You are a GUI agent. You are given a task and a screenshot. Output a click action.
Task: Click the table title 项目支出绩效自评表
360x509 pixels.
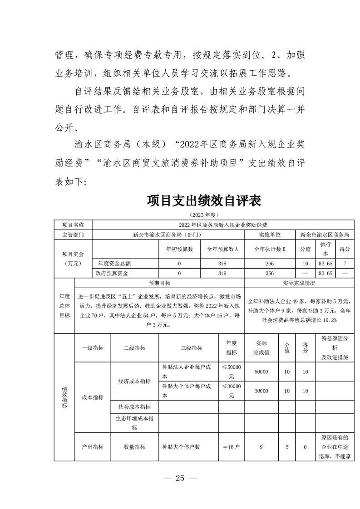pyautogui.click(x=204, y=201)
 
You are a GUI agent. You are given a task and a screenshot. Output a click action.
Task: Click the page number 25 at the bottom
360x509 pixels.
pyautogui.click(x=180, y=478)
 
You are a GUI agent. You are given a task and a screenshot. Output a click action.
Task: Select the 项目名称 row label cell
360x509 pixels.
pyautogui.click(x=73, y=225)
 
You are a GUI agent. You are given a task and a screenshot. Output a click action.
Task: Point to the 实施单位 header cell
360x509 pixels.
pyautogui.click(x=269, y=235)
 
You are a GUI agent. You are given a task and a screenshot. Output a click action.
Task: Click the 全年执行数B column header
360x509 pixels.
pyautogui.click(x=269, y=249)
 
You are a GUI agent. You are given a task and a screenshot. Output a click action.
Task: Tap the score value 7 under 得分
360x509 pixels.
pyautogui.click(x=345, y=263)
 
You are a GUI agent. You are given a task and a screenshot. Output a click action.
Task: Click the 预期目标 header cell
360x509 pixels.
pyautogui.click(x=159, y=283)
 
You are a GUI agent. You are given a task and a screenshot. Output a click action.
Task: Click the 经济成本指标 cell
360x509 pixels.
pyautogui.click(x=134, y=382)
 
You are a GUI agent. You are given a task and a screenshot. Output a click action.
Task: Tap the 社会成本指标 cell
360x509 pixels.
pyautogui.click(x=134, y=407)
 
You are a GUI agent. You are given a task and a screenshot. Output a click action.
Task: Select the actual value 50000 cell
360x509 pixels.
pyautogui.click(x=261, y=372)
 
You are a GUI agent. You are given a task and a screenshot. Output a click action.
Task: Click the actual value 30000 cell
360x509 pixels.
pyautogui.click(x=261, y=391)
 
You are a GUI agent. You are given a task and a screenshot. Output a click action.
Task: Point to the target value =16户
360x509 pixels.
pyautogui.click(x=231, y=447)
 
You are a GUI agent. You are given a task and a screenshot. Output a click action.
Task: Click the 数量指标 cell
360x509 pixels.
pyautogui.click(x=134, y=447)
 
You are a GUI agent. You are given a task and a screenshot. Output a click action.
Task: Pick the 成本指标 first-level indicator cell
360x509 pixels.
pyautogui.click(x=93, y=397)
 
